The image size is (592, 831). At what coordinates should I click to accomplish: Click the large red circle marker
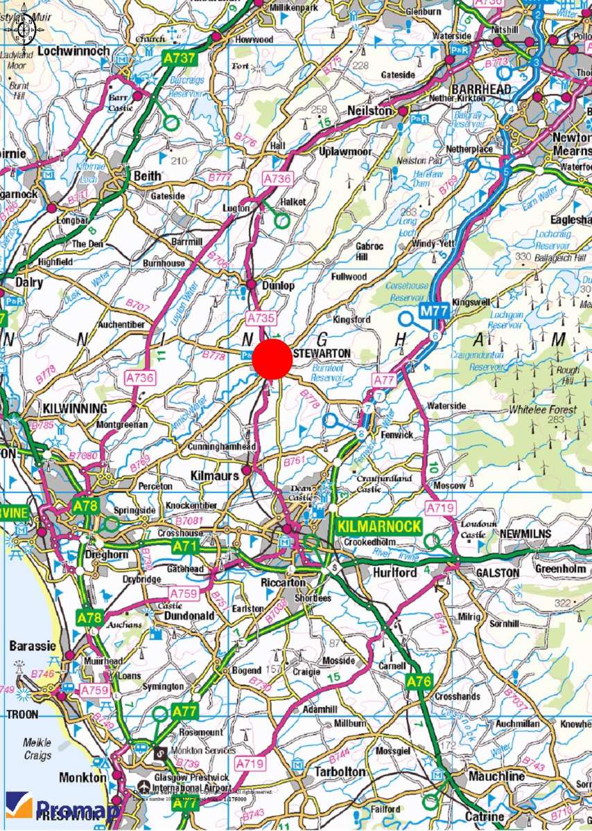272,359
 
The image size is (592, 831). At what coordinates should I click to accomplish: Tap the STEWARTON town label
323,353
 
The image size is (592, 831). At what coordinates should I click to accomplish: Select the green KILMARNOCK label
379,526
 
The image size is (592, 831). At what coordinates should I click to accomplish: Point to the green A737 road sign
179,59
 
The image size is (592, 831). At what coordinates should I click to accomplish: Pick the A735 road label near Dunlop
261,318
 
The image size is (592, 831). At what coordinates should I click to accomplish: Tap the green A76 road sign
419,681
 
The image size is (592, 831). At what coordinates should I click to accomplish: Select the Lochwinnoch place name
74,51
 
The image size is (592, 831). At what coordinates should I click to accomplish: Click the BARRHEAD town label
480,89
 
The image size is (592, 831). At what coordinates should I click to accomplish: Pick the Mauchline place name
496,776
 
